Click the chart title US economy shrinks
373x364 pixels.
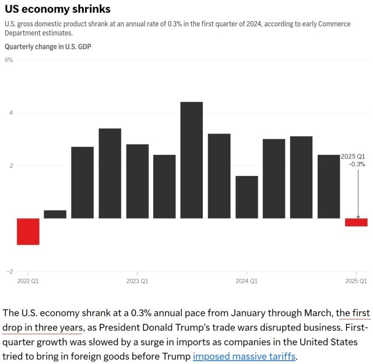[57, 10]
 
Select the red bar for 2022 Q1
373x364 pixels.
[28, 231]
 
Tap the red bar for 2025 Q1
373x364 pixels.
[356, 222]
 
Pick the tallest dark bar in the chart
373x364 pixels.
[192, 160]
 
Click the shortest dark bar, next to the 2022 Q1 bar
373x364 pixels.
[55, 214]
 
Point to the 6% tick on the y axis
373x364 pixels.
[9, 60]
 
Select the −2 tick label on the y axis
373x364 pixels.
[9, 271]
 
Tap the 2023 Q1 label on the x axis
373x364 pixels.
[138, 281]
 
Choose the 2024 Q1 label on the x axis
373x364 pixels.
[247, 281]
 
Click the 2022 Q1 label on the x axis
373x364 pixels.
[28, 281]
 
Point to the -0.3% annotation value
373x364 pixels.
[357, 164]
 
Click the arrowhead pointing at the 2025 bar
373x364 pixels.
[358, 216]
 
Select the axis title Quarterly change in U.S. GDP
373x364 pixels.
[48, 46]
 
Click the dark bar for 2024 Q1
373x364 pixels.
[247, 197]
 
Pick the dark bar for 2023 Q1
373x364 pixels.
[138, 181]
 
